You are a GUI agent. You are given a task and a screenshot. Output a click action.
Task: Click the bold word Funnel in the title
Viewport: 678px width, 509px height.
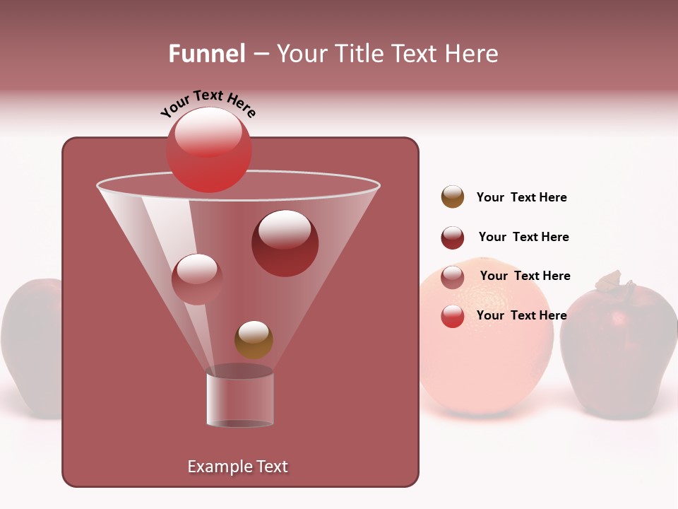206,54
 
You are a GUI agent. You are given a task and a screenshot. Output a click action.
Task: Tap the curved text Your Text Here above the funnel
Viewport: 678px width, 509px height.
208,104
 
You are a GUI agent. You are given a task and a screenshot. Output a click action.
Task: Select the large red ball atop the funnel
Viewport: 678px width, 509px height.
208,149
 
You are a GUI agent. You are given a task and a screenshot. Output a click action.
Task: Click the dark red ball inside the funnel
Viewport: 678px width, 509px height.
285,243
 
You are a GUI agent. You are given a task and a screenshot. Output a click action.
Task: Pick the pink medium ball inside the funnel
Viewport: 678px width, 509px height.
197,279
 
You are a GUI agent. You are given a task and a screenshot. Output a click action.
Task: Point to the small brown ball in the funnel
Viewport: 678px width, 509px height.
254,340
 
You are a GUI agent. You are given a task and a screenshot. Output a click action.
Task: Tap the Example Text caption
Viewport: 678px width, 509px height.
237,467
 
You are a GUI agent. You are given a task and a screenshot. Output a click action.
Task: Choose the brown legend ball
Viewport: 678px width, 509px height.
453,197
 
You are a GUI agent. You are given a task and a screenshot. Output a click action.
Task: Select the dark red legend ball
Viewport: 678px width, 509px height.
453,238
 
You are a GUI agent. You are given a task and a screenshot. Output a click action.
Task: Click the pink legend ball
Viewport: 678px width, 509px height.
453,277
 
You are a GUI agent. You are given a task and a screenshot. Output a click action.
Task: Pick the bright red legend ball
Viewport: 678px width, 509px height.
453,316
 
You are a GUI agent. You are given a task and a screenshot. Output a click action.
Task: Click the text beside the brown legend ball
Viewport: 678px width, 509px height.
521,197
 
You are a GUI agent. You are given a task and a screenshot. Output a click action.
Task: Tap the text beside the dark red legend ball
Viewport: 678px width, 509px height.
523,237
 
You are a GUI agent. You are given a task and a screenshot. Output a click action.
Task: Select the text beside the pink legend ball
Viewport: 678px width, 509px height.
525,276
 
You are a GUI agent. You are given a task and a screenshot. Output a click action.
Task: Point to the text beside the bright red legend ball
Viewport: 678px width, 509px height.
521,315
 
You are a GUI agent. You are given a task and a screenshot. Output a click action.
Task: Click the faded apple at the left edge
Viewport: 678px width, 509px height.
32,346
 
